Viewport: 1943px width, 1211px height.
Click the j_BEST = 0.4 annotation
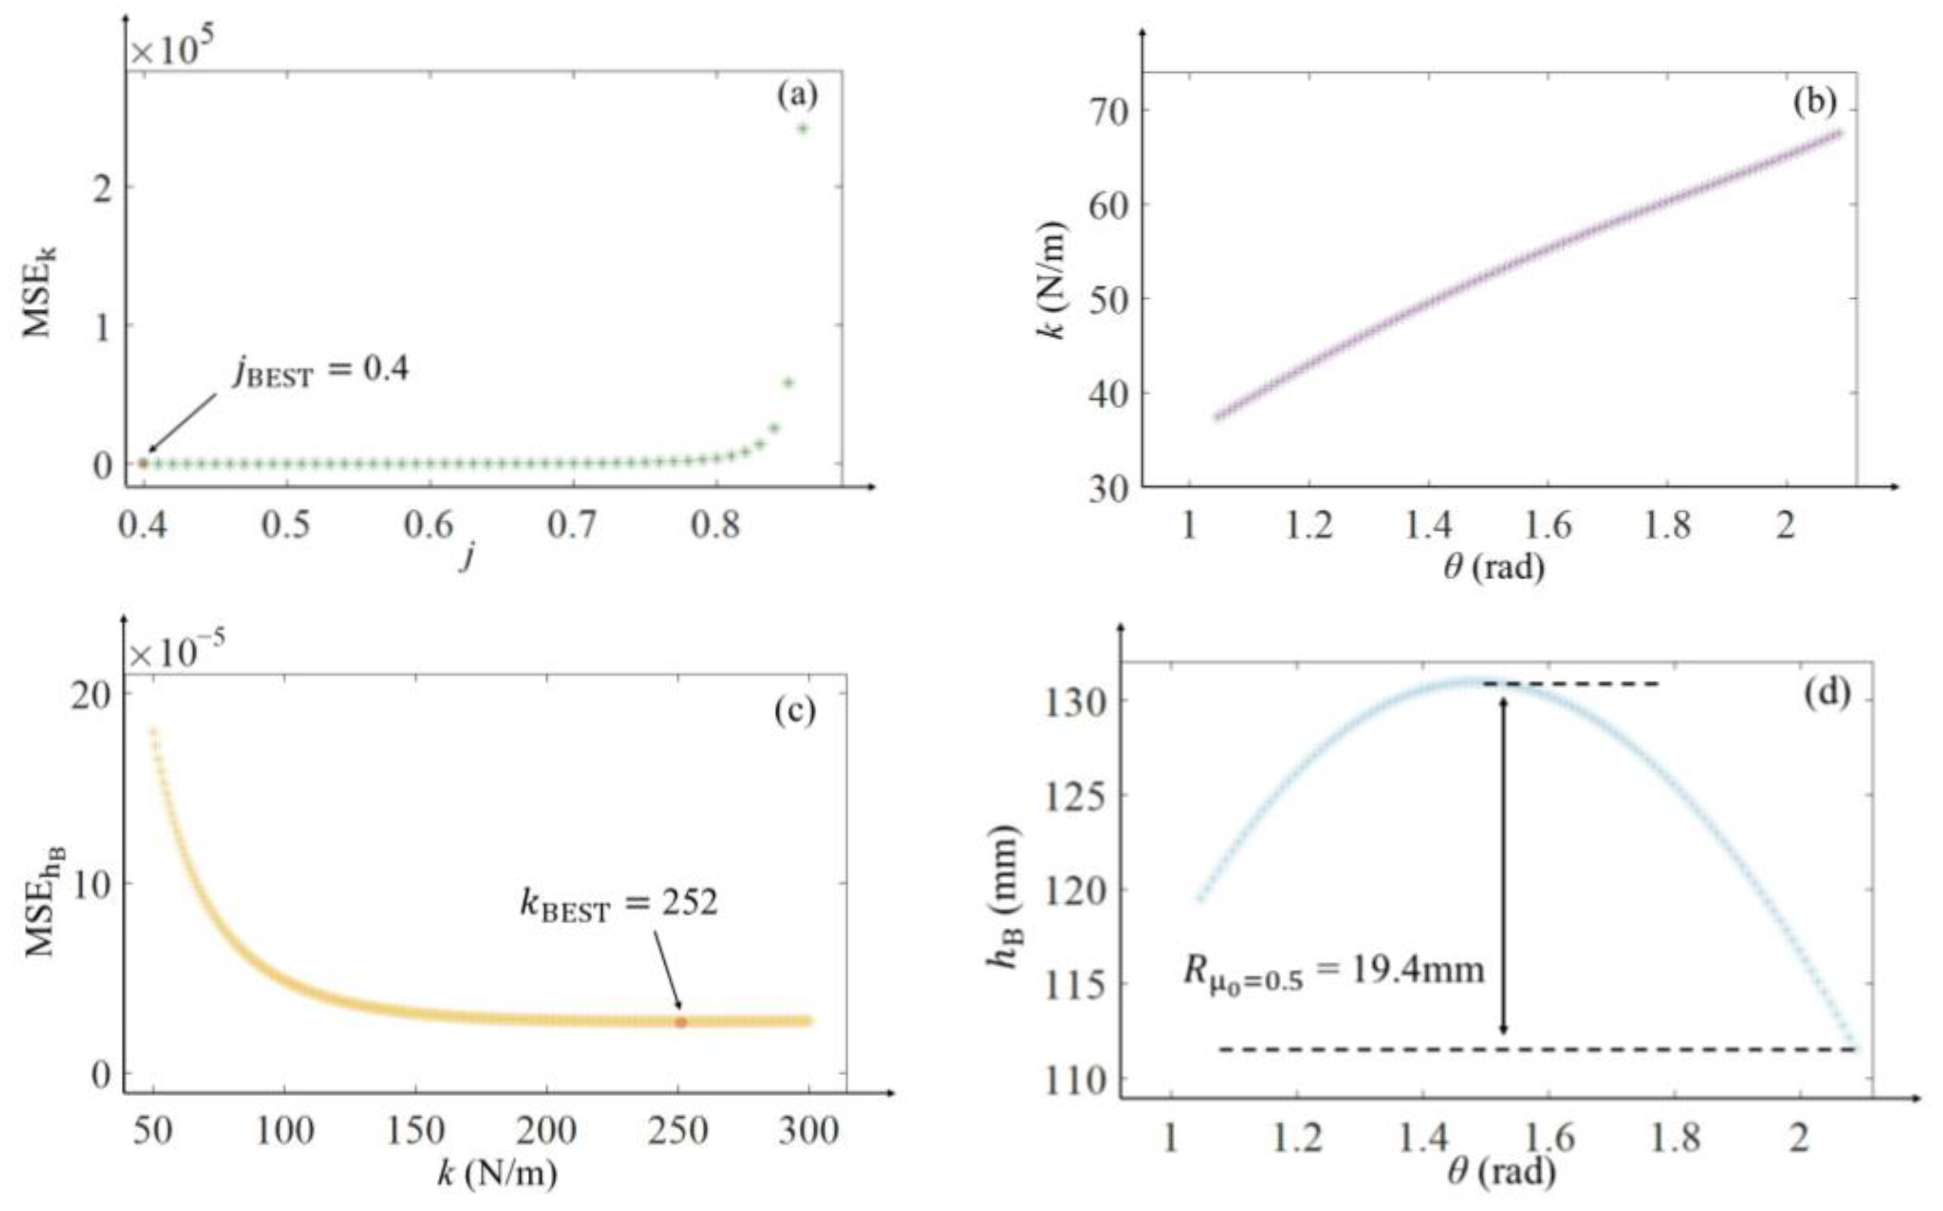[x=321, y=371]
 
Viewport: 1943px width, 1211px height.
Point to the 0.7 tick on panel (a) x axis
[x=571, y=526]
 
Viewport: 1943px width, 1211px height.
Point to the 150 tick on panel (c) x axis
[x=415, y=1130]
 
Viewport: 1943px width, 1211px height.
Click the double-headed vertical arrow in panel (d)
[x=1504, y=865]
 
